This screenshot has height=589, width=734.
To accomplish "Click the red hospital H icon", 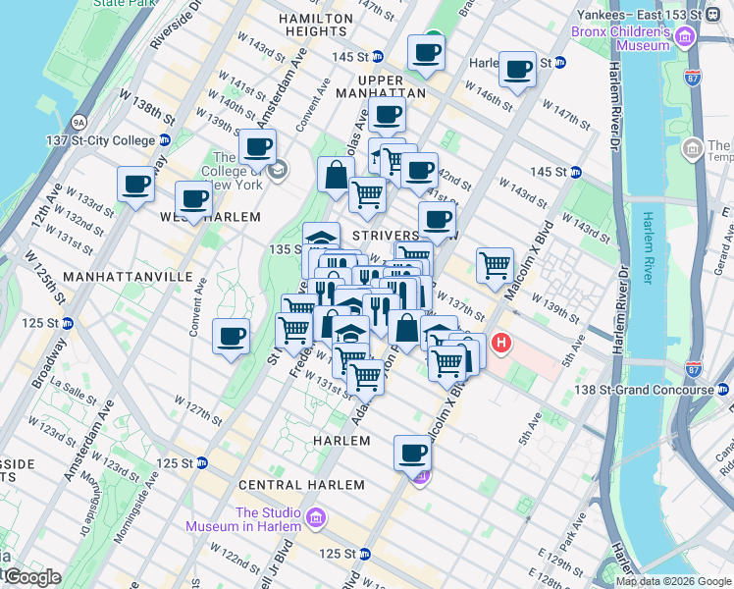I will (501, 344).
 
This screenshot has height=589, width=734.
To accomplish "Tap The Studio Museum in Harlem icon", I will (317, 517).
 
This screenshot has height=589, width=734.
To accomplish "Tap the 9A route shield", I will (79, 122).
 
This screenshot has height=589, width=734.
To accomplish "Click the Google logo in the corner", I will (31, 577).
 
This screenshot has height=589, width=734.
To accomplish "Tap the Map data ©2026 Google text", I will (673, 581).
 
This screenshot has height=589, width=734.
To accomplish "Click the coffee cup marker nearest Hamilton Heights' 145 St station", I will (426, 53).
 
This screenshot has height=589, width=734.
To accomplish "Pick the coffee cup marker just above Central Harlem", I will (413, 454).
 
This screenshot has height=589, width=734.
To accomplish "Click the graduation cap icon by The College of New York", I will (279, 170).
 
